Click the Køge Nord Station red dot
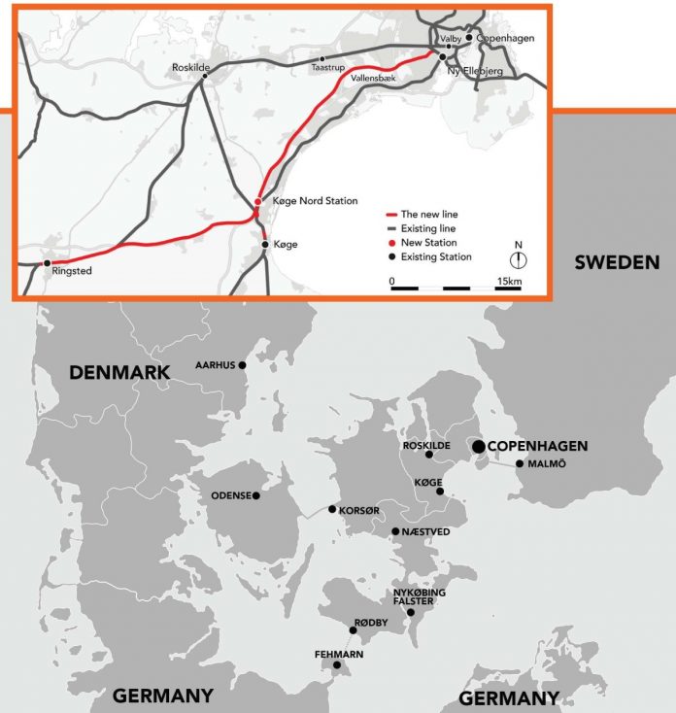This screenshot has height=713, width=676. [257, 202]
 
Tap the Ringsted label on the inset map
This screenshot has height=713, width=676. [73, 271]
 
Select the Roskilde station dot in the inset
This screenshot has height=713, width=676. [204, 80]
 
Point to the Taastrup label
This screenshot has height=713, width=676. [327, 69]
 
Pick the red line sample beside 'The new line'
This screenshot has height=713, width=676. [393, 215]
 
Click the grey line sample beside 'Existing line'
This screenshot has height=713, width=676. [393, 228]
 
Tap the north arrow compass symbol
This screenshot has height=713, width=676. [520, 259]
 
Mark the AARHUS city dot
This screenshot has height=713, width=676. [243, 365]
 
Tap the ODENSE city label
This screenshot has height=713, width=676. [229, 496]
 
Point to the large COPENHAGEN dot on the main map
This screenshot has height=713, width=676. [478, 446]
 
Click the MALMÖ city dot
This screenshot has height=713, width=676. [520, 463]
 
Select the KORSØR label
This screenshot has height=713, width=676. [359, 509]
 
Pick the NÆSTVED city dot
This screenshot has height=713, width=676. [394, 531]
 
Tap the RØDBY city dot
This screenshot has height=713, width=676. [353, 630]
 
